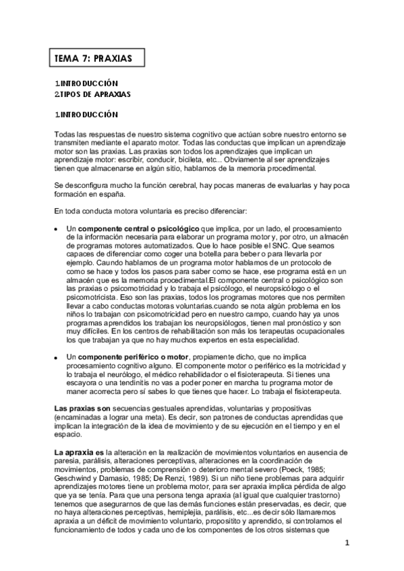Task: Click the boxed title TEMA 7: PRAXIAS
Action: [94, 59]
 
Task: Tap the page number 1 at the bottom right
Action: [346, 543]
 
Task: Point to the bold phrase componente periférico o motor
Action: [134, 356]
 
